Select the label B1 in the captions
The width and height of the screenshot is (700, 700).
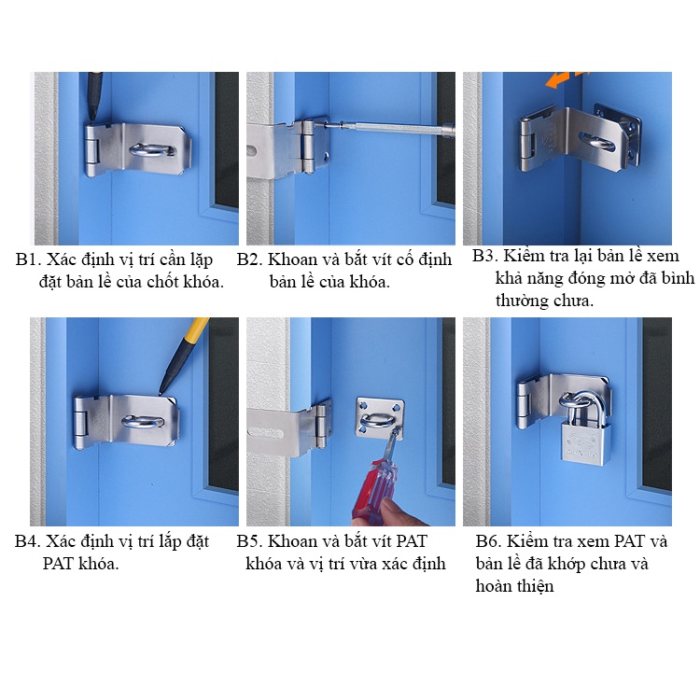coord(28,259)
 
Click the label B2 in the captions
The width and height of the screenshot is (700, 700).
coord(249,259)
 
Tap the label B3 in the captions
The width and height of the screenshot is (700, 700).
coord(484,256)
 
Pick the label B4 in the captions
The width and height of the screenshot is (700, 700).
coord(27,541)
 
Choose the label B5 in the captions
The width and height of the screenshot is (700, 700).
coord(249,541)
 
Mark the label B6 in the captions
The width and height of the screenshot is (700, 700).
coord(488,541)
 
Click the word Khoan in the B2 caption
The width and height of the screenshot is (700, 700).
coord(292,259)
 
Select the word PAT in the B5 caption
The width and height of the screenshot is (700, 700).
coord(412,541)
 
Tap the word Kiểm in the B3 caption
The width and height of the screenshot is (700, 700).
coord(525,256)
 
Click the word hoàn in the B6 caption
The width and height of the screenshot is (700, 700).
coord(494,586)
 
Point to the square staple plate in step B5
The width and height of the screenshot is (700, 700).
coord(380,418)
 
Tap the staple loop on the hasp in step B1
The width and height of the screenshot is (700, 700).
coord(152,150)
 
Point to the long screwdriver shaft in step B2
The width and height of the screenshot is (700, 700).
coord(388,128)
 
